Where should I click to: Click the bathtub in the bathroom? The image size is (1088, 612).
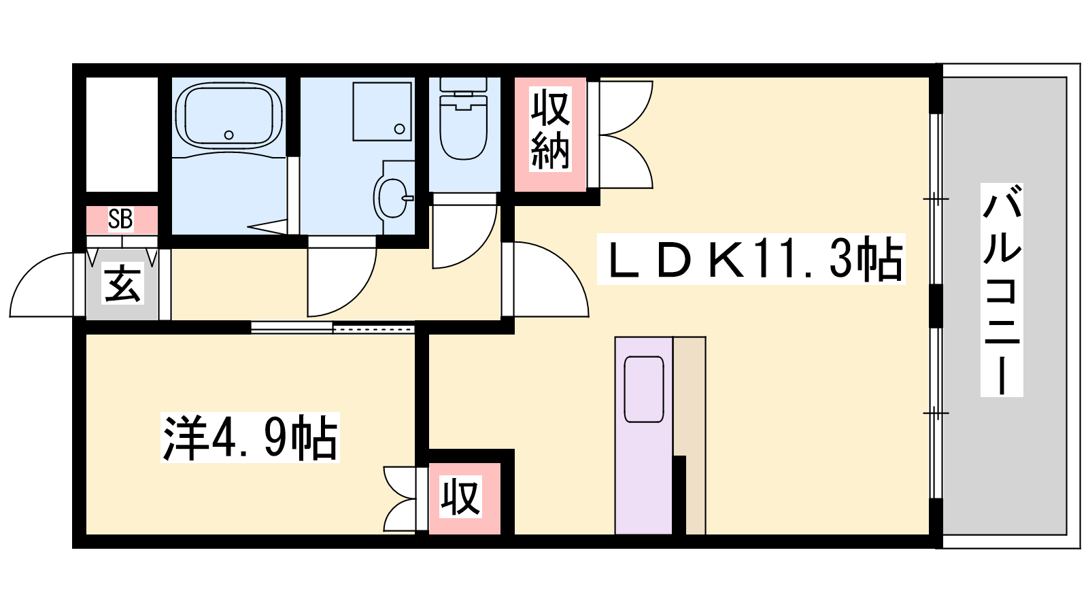[228, 115]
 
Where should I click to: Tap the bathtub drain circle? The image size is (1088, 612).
[228, 135]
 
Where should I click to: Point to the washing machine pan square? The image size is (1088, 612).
[382, 112]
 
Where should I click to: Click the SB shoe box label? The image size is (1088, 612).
[120, 219]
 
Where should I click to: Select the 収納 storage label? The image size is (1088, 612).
[550, 129]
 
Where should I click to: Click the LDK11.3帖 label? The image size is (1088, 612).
[751, 259]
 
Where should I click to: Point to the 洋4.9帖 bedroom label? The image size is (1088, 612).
[250, 437]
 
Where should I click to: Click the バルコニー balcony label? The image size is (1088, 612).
[1002, 290]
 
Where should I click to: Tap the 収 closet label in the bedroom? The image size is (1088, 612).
[460, 496]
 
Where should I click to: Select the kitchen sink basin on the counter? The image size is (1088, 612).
[643, 389]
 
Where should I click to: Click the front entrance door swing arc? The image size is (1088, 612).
[29, 272]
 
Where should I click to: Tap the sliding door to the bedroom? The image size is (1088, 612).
[333, 328]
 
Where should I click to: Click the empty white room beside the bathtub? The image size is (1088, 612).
[122, 134]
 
